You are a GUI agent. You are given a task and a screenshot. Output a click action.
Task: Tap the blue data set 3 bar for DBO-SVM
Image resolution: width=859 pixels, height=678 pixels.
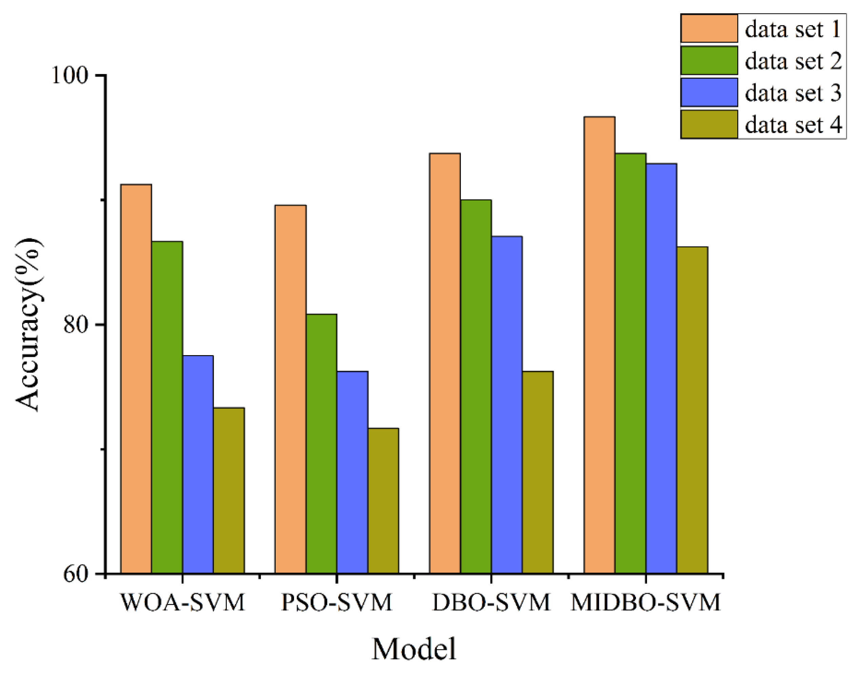(507, 405)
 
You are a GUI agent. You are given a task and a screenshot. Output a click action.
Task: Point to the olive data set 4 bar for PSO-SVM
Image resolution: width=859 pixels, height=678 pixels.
(383, 500)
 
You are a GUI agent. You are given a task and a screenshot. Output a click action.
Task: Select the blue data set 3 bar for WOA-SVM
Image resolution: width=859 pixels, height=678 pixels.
(198, 464)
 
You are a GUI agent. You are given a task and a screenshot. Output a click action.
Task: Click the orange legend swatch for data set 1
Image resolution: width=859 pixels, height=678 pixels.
(709, 28)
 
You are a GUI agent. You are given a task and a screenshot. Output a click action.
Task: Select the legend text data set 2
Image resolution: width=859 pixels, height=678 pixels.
(793, 61)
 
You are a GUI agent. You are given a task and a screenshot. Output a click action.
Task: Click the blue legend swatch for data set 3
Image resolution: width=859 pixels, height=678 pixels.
(709, 92)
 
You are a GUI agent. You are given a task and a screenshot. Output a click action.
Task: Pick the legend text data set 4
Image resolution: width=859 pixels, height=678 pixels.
(793, 124)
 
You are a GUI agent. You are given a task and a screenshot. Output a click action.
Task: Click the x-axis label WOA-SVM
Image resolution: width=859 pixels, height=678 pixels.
(182, 603)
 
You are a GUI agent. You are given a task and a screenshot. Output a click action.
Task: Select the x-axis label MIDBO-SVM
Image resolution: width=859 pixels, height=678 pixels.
(645, 603)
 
